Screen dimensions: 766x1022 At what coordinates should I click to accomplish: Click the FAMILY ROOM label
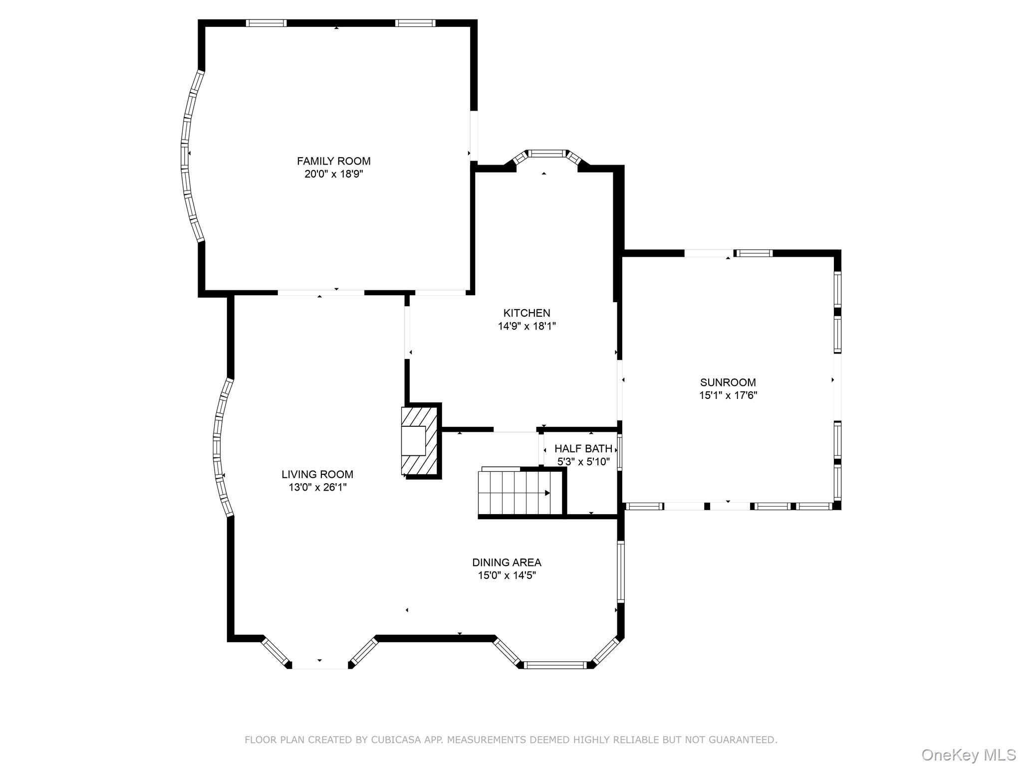pyautogui.click(x=333, y=161)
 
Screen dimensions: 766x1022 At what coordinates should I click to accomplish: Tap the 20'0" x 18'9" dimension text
pyautogui.click(x=333, y=174)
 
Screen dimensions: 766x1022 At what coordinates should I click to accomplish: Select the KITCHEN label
pyautogui.click(x=526, y=313)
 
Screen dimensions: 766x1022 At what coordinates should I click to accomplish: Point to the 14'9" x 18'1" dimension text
pyautogui.click(x=526, y=326)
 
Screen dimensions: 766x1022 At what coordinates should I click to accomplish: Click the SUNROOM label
pyautogui.click(x=728, y=383)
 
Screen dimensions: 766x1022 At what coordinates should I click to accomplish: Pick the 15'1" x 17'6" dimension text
pyautogui.click(x=728, y=395)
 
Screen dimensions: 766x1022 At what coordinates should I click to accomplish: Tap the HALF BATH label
pyautogui.click(x=583, y=449)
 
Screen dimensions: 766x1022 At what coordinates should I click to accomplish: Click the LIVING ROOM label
pyautogui.click(x=317, y=475)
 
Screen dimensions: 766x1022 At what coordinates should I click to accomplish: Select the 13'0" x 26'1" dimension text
pyautogui.click(x=317, y=487)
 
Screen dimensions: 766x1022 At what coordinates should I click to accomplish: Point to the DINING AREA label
pyautogui.click(x=507, y=563)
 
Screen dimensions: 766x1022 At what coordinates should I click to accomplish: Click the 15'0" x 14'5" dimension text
pyautogui.click(x=507, y=575)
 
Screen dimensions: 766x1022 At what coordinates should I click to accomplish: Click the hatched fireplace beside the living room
pyautogui.click(x=419, y=441)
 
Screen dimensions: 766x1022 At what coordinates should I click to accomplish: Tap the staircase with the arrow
pyautogui.click(x=514, y=493)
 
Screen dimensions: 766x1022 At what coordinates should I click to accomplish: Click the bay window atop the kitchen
pyautogui.click(x=547, y=154)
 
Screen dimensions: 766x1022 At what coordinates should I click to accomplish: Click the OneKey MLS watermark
pyautogui.click(x=968, y=755)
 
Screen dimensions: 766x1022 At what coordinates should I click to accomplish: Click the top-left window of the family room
pyautogui.click(x=266, y=23)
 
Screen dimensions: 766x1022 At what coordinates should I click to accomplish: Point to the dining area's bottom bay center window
pyautogui.click(x=555, y=664)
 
